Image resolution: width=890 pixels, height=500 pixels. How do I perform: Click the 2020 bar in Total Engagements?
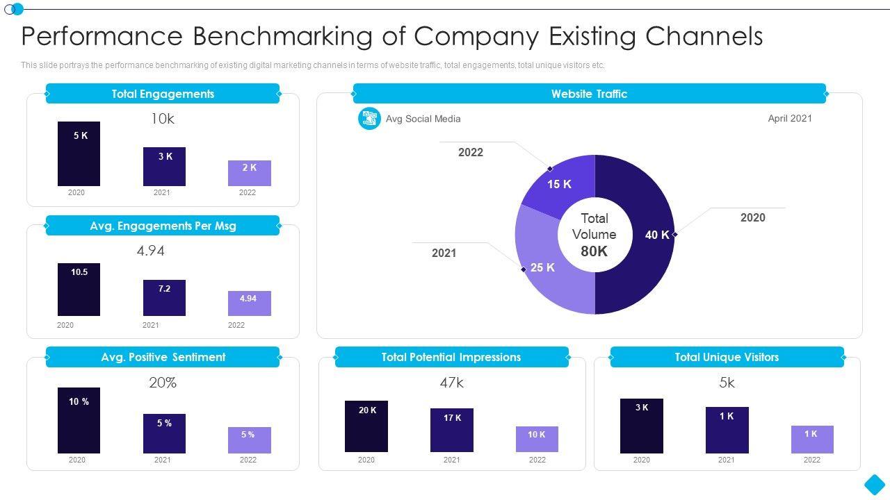click(x=79, y=153)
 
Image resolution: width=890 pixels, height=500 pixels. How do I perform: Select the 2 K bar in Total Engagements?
click(x=250, y=173)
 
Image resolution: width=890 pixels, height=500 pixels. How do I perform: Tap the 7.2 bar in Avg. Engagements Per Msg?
click(x=164, y=298)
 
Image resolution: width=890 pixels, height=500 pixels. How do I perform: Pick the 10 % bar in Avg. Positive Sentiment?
click(x=79, y=420)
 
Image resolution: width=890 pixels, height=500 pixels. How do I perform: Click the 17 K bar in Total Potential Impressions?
click(x=452, y=430)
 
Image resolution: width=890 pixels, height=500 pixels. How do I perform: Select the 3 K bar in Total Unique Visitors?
click(x=641, y=426)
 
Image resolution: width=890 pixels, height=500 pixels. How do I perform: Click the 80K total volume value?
click(x=594, y=251)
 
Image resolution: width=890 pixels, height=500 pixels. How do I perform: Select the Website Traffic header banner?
click(x=589, y=94)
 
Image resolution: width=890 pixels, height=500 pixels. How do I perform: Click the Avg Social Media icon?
click(x=369, y=119)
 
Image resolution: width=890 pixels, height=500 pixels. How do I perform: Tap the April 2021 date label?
click(x=789, y=118)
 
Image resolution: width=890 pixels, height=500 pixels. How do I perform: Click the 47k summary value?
click(x=451, y=383)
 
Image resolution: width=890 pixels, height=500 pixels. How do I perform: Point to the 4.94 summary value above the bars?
click(x=150, y=251)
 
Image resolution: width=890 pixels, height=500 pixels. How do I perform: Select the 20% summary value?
click(x=163, y=383)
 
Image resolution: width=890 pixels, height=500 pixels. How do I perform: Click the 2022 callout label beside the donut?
click(x=470, y=152)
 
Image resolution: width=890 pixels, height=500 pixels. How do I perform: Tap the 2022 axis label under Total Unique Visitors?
click(x=811, y=460)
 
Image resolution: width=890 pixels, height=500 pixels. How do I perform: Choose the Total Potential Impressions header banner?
click(x=451, y=357)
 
